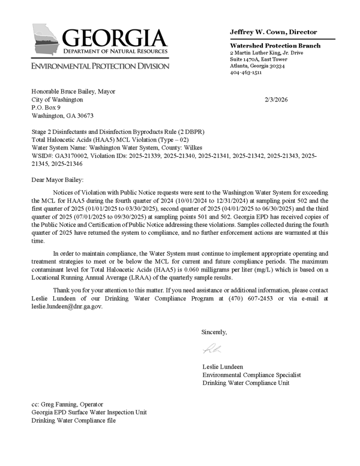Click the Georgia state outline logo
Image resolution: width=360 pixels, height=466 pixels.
point(46,41)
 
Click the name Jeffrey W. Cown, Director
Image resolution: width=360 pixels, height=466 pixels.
point(273,32)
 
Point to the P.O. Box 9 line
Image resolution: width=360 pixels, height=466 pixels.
point(46,107)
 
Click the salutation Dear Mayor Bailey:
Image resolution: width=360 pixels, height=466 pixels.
point(58,180)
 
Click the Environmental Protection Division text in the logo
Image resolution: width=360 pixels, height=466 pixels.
point(100,66)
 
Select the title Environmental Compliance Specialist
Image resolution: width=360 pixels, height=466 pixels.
point(251,375)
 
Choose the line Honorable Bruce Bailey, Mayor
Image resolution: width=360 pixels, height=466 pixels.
point(73,91)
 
